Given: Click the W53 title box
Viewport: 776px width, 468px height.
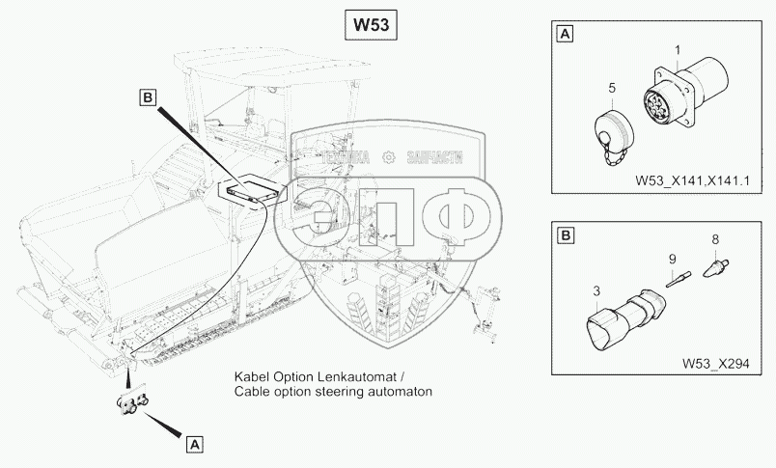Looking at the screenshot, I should [x=370, y=25].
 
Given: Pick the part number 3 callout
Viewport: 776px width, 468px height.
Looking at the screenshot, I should [x=596, y=290].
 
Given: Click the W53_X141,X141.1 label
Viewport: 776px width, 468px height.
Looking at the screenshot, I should [x=692, y=179].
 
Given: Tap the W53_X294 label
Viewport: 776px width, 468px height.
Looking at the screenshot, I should [x=715, y=363].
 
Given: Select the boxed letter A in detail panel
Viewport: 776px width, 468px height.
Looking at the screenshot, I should [x=565, y=36].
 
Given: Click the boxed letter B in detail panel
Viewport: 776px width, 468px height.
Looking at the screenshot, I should [x=566, y=234].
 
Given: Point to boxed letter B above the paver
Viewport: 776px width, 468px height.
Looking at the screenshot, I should [x=148, y=96].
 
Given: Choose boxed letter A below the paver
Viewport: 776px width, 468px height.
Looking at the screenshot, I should [x=195, y=445].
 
